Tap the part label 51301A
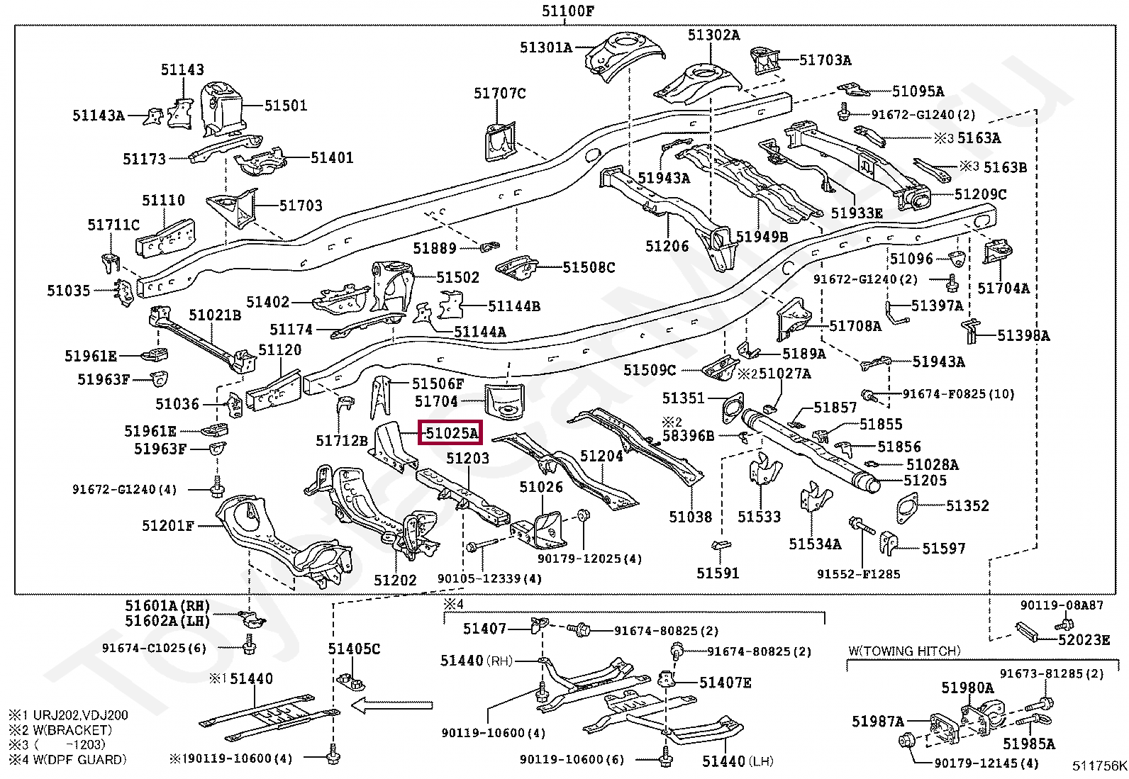(545, 47)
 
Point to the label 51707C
(500, 94)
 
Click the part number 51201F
(167, 526)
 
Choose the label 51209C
(980, 194)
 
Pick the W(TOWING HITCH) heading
(904, 651)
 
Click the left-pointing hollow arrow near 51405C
(392, 705)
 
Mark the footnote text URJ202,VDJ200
(78, 714)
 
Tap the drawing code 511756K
(1099, 766)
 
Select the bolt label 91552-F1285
(858, 574)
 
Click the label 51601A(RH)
(167, 605)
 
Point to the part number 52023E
(1084, 640)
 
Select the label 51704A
(1003, 288)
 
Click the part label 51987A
(878, 722)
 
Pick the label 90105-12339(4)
(489, 579)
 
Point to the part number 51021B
(215, 315)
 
